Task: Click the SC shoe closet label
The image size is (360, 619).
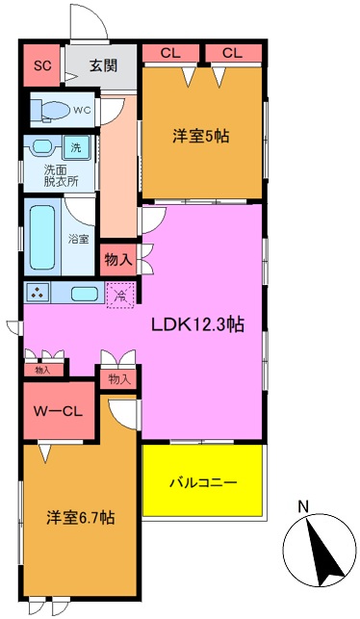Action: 41,66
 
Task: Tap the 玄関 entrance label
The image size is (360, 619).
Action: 103,66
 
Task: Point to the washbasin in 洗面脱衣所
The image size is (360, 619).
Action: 41,147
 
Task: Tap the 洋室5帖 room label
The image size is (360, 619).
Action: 201,137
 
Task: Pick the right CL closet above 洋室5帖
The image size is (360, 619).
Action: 232,52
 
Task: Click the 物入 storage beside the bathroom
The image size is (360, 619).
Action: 118,258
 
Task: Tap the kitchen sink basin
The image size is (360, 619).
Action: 84,295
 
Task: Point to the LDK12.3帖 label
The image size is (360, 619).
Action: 197,324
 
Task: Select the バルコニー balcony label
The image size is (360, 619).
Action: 203,481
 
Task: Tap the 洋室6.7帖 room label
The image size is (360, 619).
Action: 80,518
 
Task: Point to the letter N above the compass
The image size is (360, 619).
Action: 302,507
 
